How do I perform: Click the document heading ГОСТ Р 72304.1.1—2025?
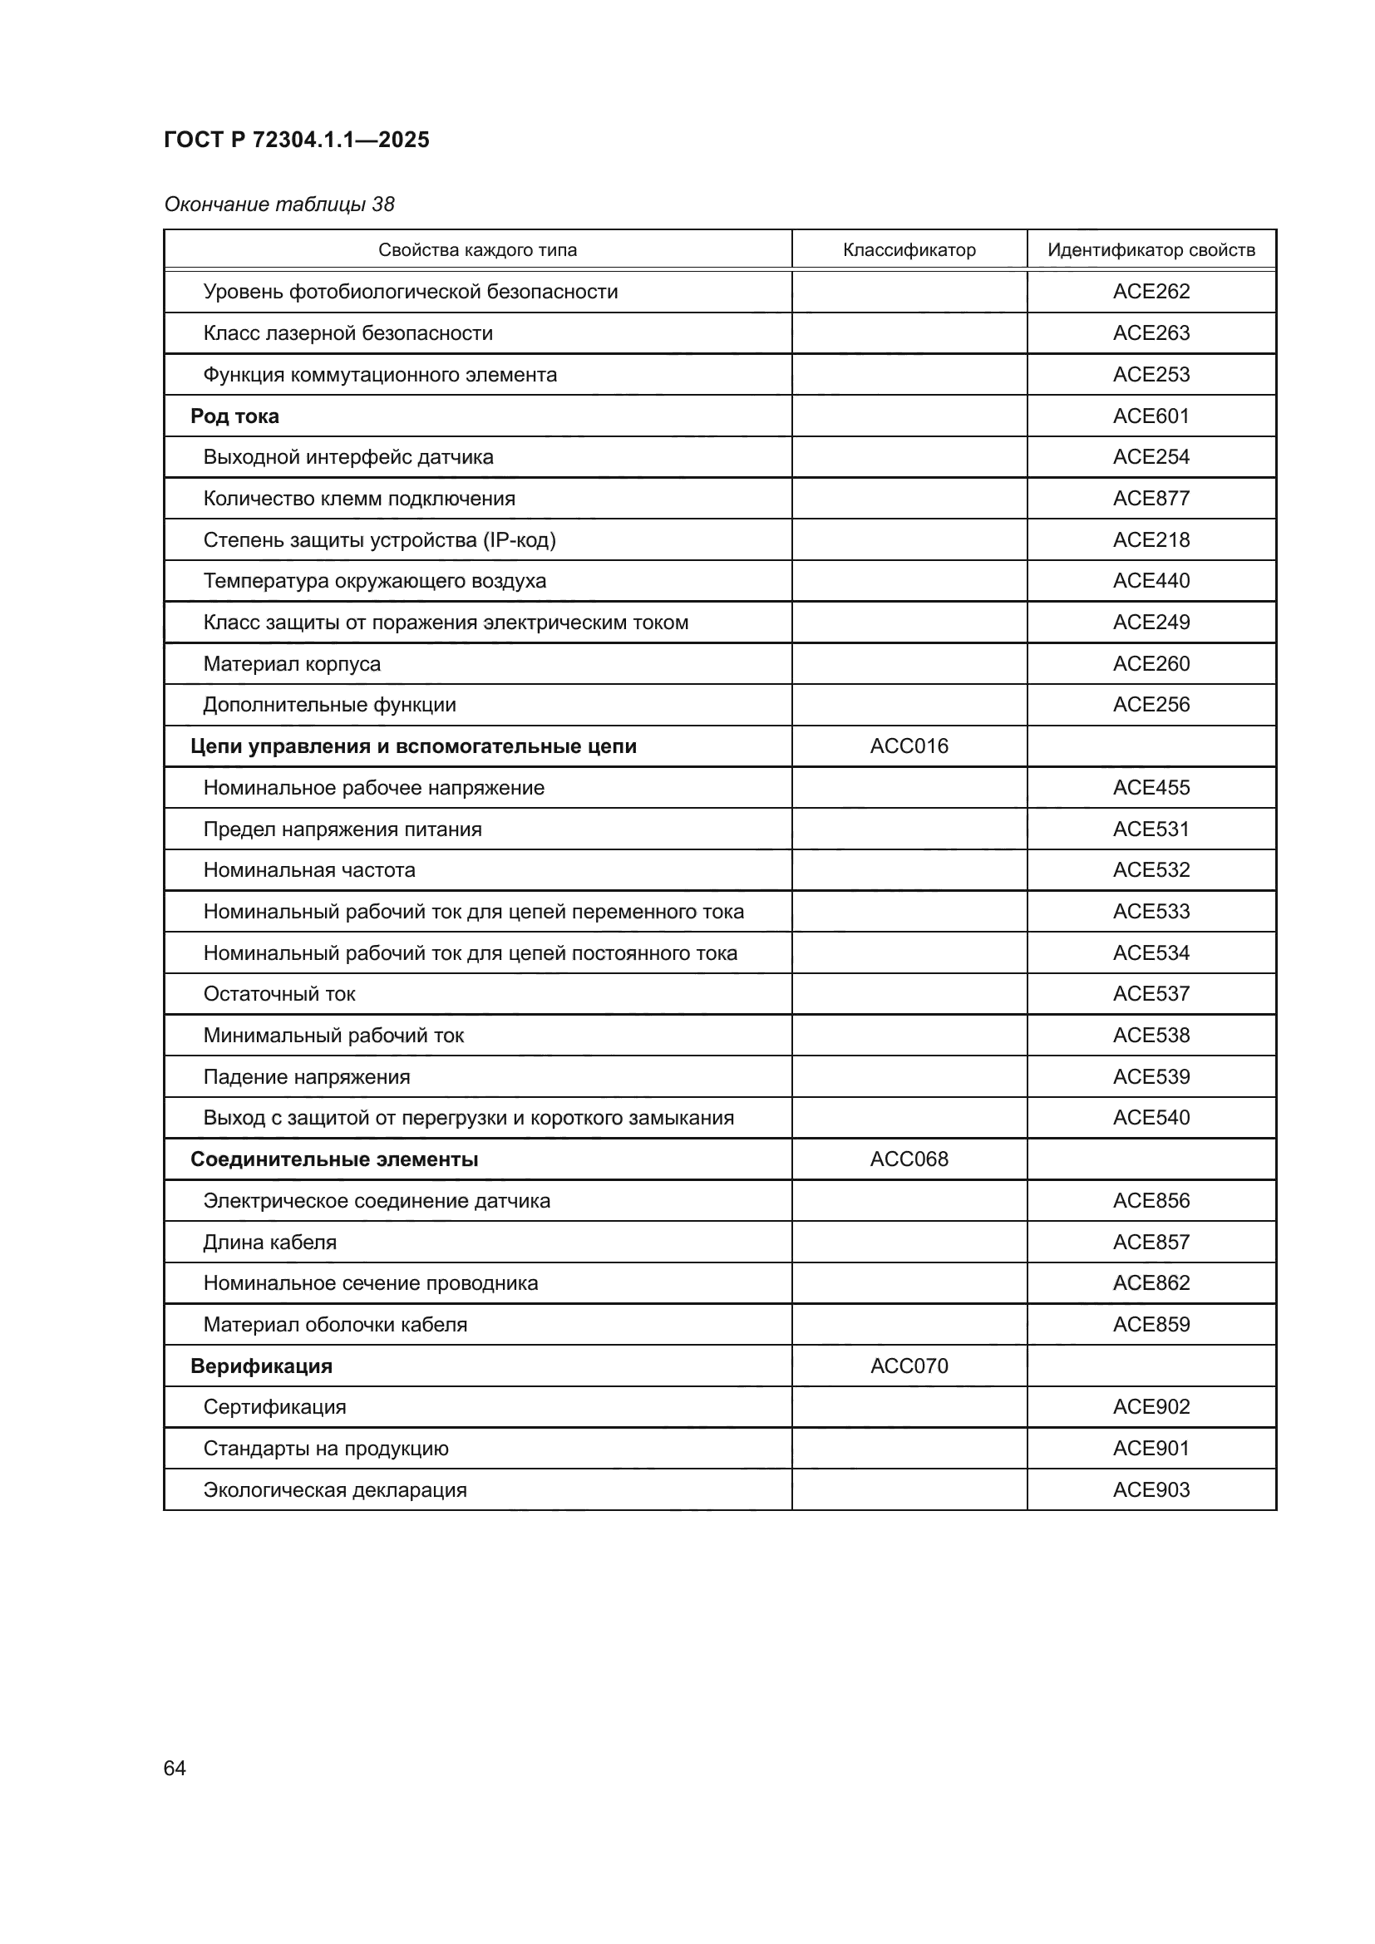point(296,140)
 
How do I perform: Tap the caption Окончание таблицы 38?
point(278,204)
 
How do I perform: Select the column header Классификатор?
point(909,250)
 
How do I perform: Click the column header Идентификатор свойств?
point(1151,250)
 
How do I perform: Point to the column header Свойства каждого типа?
point(476,250)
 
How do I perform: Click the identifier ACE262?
point(1151,291)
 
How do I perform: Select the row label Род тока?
point(234,416)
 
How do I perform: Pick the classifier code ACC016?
point(909,746)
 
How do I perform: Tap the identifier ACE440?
point(1151,581)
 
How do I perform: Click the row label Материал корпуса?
point(291,664)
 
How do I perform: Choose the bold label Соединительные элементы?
point(333,1159)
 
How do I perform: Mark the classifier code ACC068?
point(909,1159)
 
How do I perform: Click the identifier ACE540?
point(1151,1118)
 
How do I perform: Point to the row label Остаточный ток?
point(278,994)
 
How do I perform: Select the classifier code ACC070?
point(909,1366)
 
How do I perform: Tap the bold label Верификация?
point(261,1366)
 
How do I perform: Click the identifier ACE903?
point(1151,1489)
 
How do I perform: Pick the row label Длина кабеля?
point(269,1242)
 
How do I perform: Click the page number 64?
point(175,1768)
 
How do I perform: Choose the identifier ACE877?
point(1151,498)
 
